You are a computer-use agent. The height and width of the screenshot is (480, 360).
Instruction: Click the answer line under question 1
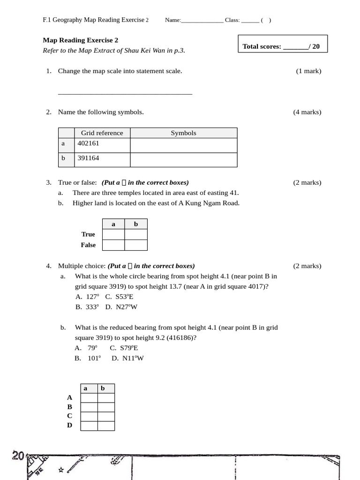coord(125,94)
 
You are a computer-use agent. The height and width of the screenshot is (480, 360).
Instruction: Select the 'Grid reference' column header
coord(102,133)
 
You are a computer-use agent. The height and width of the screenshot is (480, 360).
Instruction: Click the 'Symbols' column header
coord(183,133)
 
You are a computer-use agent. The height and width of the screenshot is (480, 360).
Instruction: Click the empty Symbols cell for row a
coord(183,145)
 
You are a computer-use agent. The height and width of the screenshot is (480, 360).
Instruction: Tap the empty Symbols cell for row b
coord(183,160)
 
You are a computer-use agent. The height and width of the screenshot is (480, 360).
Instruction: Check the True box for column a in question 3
coord(113,234)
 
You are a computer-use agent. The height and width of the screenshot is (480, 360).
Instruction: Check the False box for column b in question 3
coord(136,245)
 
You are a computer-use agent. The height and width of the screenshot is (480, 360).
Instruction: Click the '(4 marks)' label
coord(307,112)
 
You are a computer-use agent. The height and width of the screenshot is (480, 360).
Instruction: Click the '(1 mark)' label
coord(308,71)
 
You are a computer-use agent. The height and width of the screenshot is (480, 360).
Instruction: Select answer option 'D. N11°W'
coord(127,359)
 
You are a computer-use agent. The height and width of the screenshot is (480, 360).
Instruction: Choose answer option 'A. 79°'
coord(86,348)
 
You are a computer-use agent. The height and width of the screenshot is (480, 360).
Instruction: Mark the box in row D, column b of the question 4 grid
coord(106,426)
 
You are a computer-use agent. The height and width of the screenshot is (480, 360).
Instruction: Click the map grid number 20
coord(18,456)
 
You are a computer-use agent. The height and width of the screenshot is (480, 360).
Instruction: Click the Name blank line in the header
coord(202,21)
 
